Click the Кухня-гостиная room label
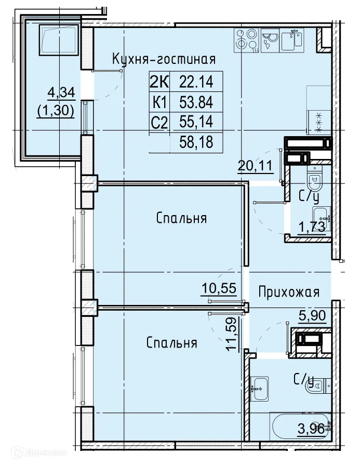tap(164, 59)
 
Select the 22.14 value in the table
tap(196, 82)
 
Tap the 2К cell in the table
tap(159, 82)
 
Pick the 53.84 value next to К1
tap(196, 102)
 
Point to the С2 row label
tap(159, 122)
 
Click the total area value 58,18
tap(196, 142)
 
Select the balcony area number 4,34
tap(61, 93)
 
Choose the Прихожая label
tap(288, 292)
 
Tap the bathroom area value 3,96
tap(311, 430)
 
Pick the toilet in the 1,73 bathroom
tap(314, 181)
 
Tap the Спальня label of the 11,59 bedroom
tap(171, 343)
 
